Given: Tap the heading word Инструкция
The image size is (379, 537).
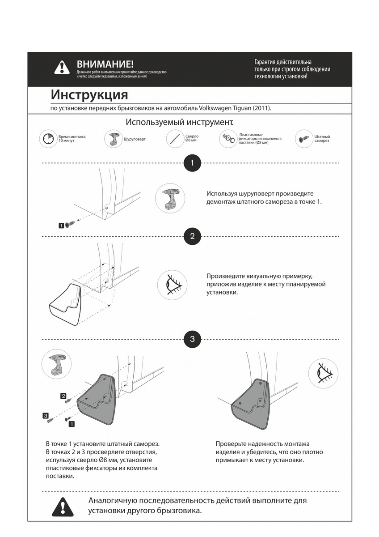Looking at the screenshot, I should (89, 95).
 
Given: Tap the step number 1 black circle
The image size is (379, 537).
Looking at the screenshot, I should (192, 163).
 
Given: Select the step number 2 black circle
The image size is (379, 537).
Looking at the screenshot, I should (192, 236).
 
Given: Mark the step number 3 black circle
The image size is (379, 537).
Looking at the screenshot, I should (192, 339).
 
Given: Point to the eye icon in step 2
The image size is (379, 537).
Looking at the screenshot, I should (172, 285).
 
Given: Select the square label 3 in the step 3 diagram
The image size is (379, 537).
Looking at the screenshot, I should (46, 416).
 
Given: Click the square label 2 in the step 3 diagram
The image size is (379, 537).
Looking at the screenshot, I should (63, 396).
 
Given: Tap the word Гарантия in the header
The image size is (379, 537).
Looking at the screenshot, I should (266, 62).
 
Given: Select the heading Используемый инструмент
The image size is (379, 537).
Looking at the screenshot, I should (180, 122).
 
